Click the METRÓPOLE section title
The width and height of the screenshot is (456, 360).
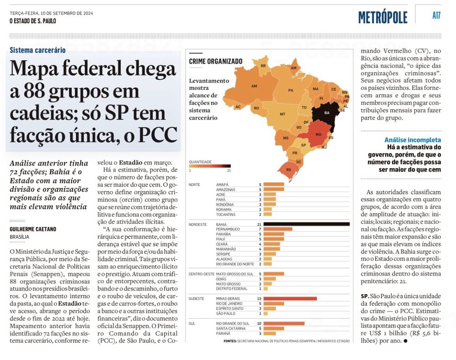click(383, 17)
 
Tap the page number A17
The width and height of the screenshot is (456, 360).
click(436, 16)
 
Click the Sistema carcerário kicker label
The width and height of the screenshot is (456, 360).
click(37, 50)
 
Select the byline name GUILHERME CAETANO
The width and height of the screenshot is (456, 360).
click(33, 229)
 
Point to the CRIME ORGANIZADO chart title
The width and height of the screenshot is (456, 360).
click(216, 61)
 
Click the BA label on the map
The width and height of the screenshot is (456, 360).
click(326, 112)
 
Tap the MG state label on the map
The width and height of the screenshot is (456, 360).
click(319, 135)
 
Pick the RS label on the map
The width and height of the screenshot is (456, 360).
click(288, 169)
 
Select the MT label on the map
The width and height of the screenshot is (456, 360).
click(282, 114)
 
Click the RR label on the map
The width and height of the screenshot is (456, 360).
click(263, 66)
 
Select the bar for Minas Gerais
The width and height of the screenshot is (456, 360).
click(290, 298)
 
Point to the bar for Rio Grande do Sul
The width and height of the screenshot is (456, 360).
click(284, 323)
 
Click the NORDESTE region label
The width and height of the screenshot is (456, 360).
click(197, 224)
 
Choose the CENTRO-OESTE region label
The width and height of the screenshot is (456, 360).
click(201, 274)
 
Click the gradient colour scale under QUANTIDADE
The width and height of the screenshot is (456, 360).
click(210, 166)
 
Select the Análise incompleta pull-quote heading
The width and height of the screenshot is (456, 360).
click(413, 140)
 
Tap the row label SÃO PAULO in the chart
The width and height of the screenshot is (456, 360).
click(226, 313)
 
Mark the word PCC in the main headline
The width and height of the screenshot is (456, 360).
click(157, 135)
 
